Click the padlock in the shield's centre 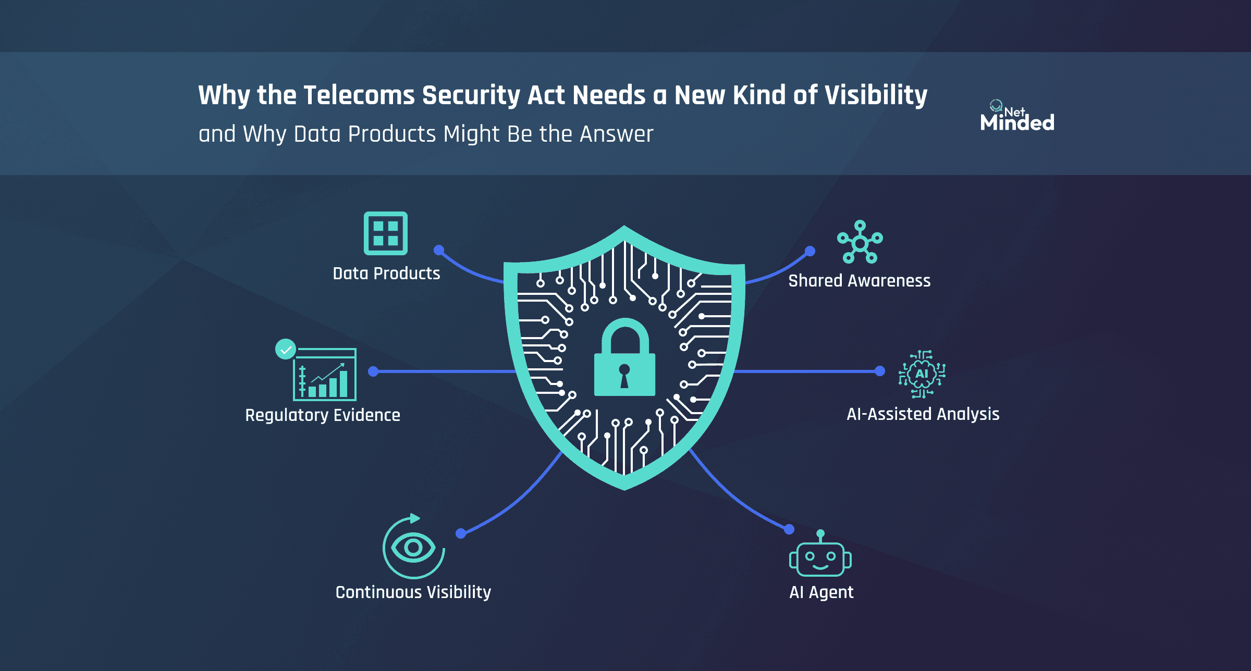[x=624, y=359]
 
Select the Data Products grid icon [x=386, y=233]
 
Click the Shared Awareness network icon [x=860, y=242]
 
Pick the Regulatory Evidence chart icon [x=324, y=375]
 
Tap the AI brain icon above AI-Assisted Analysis [x=922, y=374]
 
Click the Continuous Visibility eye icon [x=413, y=547]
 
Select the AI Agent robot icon [x=820, y=556]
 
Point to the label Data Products [x=386, y=274]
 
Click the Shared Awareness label [x=859, y=281]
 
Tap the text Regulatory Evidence [x=323, y=415]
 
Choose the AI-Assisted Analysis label [x=923, y=414]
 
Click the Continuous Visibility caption [x=413, y=592]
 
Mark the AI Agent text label [x=821, y=592]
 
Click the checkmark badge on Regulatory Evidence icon [x=286, y=349]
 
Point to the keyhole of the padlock [x=624, y=375]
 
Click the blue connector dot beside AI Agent [x=789, y=529]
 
